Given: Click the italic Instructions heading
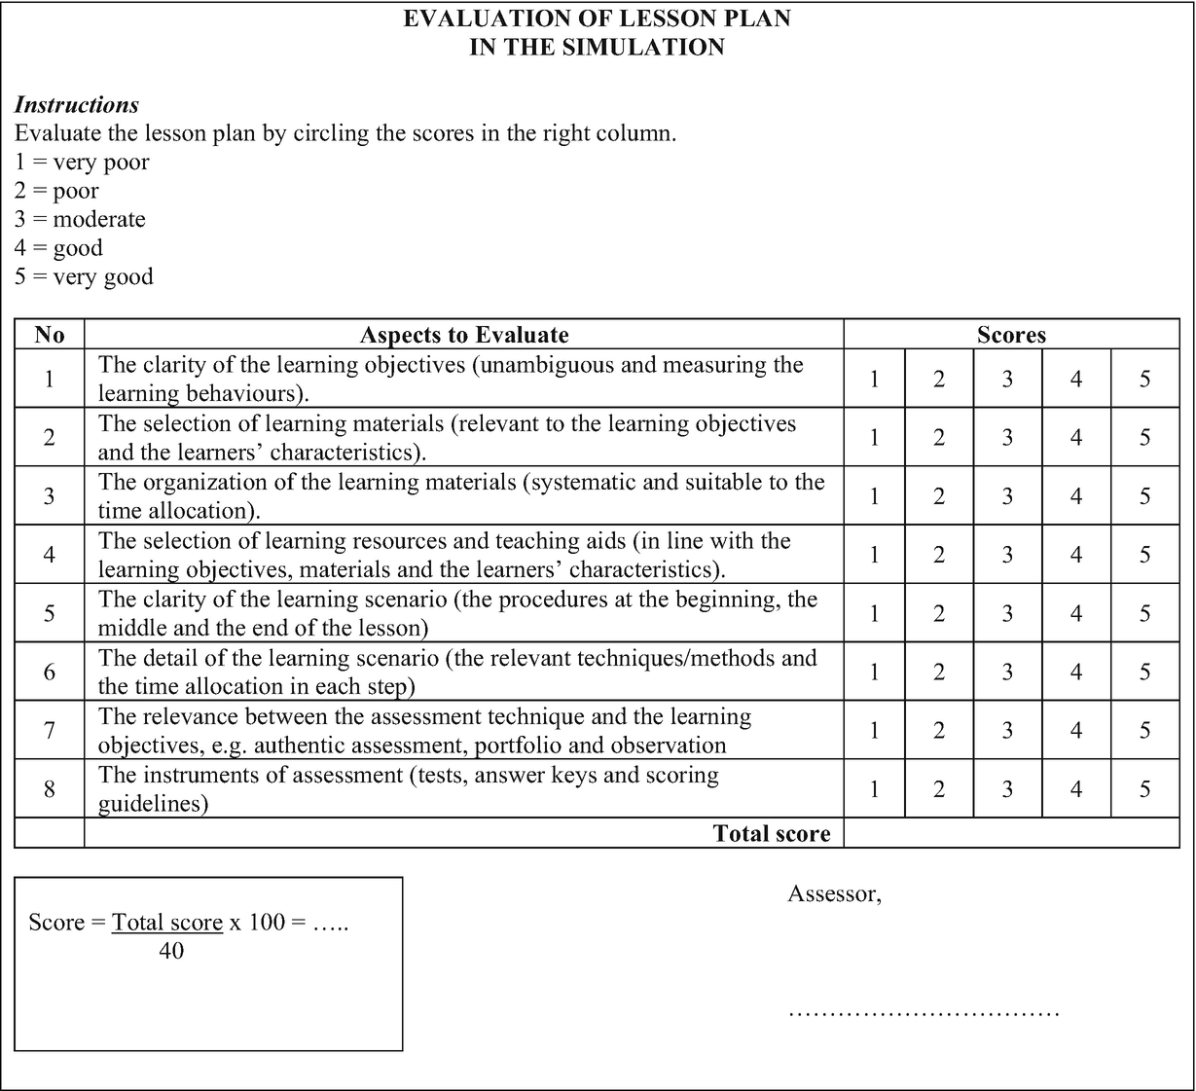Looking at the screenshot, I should [x=76, y=105].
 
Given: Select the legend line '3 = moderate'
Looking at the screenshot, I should [x=80, y=219].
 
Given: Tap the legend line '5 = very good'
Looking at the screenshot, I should [x=84, y=276].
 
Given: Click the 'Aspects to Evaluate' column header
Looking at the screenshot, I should [x=464, y=335].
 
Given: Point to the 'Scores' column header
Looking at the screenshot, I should [x=1011, y=335].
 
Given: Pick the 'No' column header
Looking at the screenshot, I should [x=50, y=335].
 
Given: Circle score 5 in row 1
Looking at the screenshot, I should [x=1144, y=379].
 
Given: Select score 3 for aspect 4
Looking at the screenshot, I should [x=1007, y=555].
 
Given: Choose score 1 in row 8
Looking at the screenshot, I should [x=874, y=788].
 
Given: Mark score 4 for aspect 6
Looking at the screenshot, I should [x=1076, y=672].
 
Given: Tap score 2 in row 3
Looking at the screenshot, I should [x=939, y=496].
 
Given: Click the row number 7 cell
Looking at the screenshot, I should [x=50, y=730].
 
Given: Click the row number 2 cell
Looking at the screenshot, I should [x=50, y=437].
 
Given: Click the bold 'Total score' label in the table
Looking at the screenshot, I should [x=771, y=833].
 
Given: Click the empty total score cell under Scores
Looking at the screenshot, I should [x=1011, y=833].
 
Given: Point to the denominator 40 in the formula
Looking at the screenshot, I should [x=171, y=950].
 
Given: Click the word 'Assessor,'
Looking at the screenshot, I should [x=835, y=893].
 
